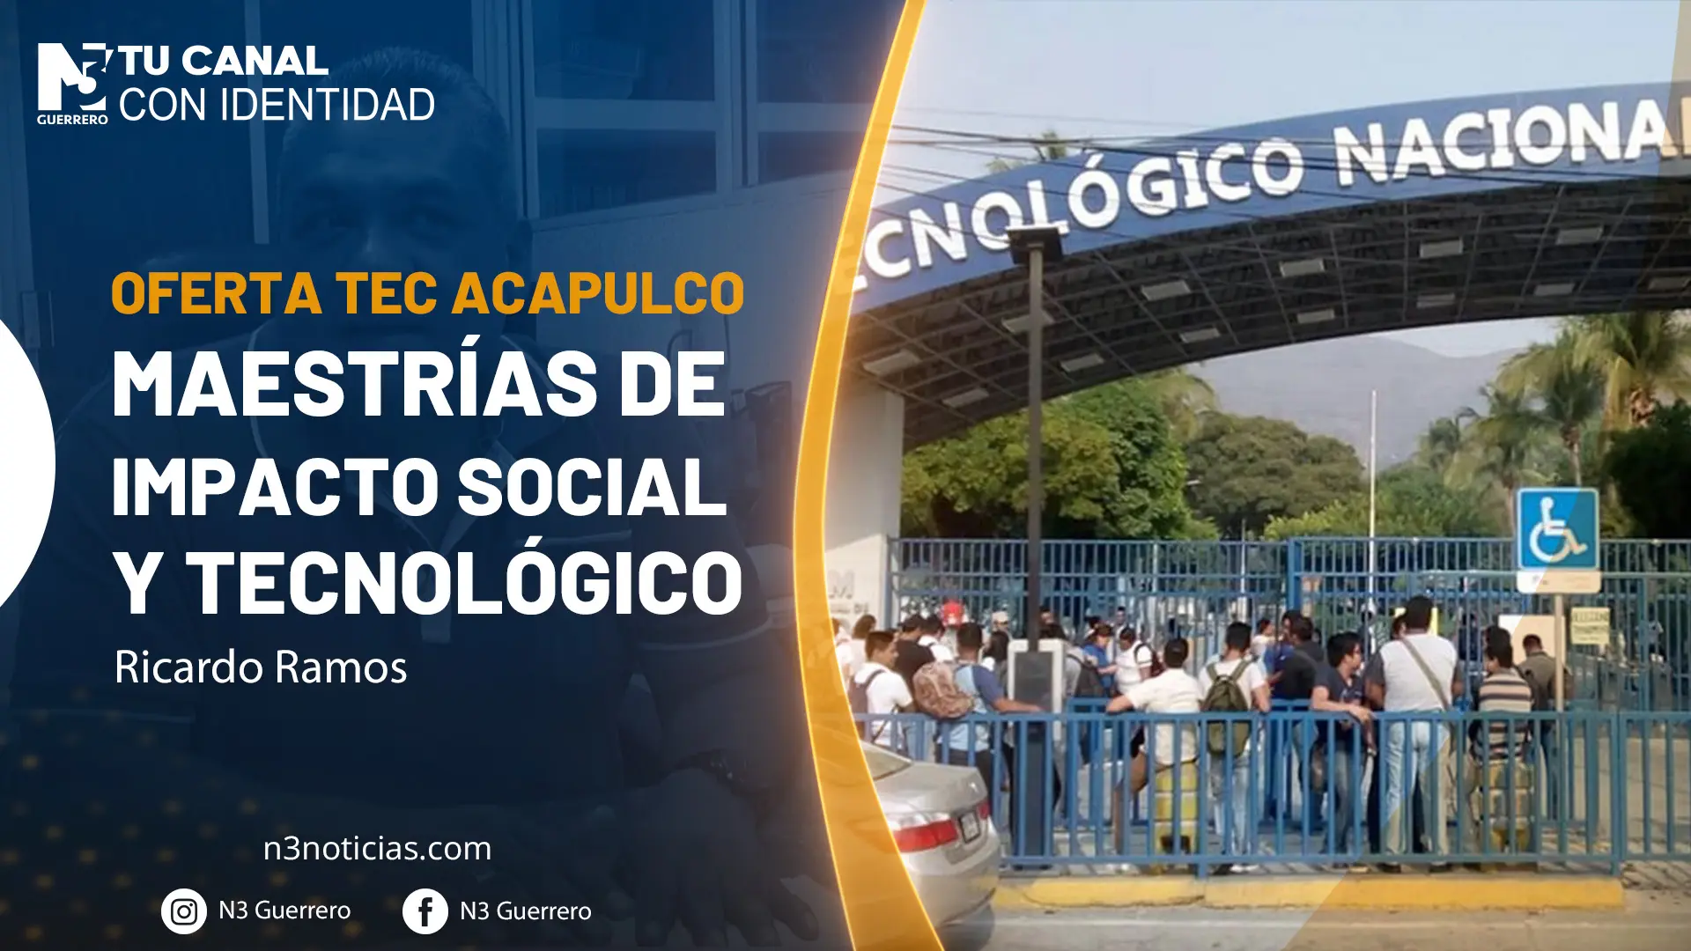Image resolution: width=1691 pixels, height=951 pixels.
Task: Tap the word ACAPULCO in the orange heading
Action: (x=599, y=293)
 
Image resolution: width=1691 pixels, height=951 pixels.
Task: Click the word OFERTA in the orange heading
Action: (x=217, y=293)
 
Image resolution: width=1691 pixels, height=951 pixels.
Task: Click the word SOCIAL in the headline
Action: (x=593, y=486)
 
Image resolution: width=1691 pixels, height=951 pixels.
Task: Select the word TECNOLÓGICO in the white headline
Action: (x=464, y=583)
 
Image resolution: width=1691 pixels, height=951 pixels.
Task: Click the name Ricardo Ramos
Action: (x=261, y=667)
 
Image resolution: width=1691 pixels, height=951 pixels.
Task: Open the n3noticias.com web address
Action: (x=377, y=849)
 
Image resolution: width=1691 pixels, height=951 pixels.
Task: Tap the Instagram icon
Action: (x=183, y=911)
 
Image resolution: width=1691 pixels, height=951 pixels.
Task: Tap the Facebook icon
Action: (x=425, y=911)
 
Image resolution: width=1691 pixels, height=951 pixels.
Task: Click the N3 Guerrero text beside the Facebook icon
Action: (x=526, y=911)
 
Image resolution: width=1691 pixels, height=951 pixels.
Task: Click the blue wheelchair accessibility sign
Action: (x=1557, y=529)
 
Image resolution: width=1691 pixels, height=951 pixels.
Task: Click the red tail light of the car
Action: (x=926, y=831)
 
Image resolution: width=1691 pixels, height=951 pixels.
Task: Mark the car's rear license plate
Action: (x=970, y=824)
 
